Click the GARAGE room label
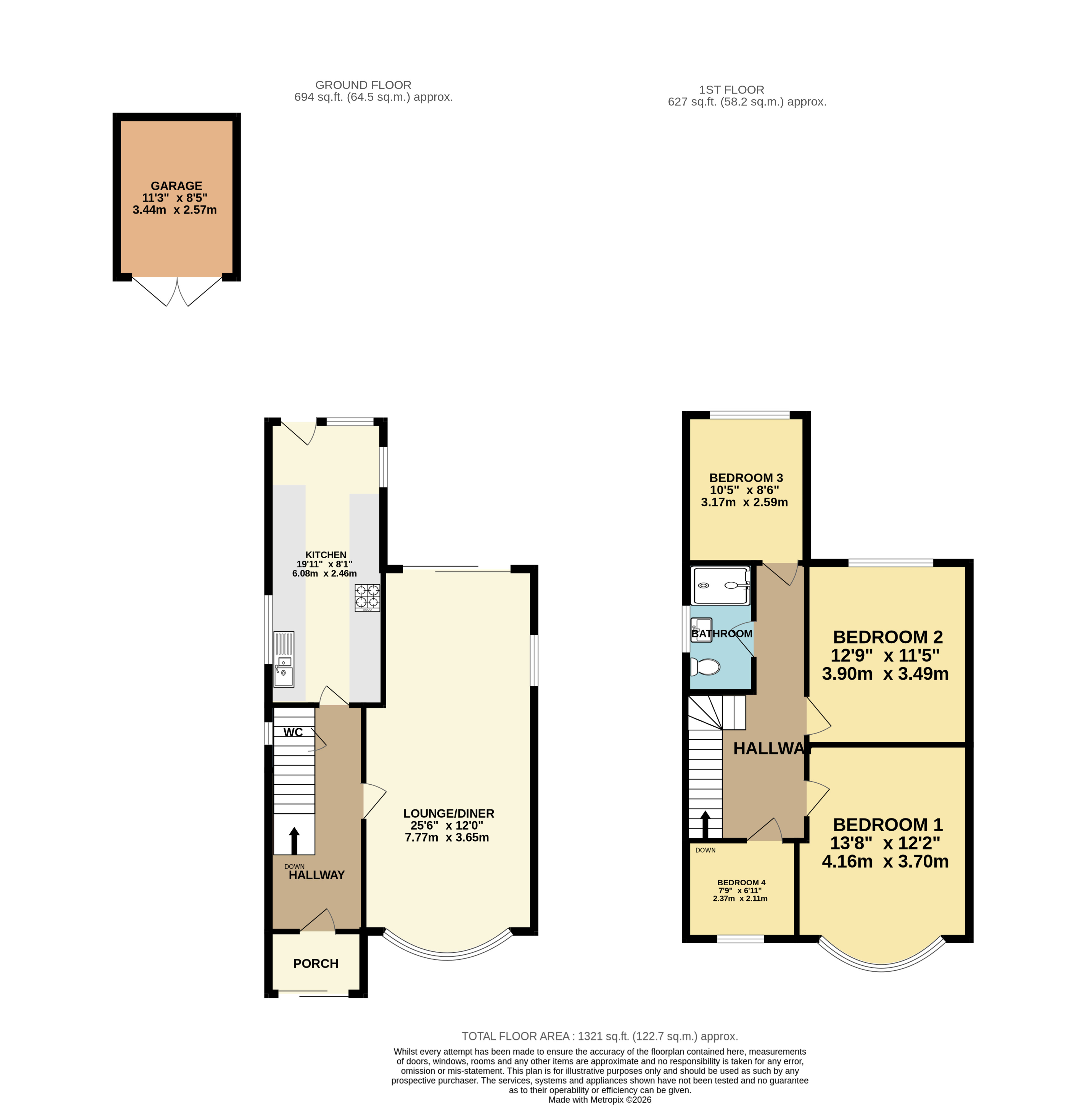pyautogui.click(x=176, y=186)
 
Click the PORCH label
pyautogui.click(x=315, y=963)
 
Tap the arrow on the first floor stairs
pyautogui.click(x=705, y=824)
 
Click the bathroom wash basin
pyautogui.click(x=701, y=630)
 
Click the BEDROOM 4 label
pyautogui.click(x=741, y=883)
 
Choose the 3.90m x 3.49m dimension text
pyautogui.click(x=885, y=674)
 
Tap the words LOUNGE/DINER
pyautogui.click(x=448, y=814)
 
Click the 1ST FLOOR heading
pyautogui.click(x=731, y=89)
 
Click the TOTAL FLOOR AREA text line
pyautogui.click(x=599, y=1036)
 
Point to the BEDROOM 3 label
pyautogui.click(x=746, y=478)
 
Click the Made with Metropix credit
pyautogui.click(x=599, y=1100)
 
